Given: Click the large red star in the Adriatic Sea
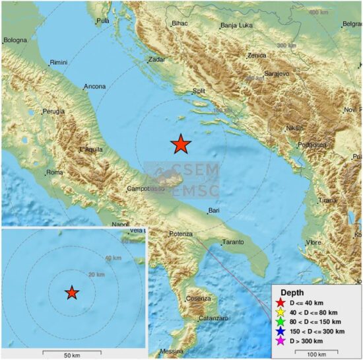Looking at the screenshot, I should click(x=181, y=143).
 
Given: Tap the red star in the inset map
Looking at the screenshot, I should click(x=72, y=293).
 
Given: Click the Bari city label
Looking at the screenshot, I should click(x=213, y=211).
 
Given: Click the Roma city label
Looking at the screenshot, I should click(x=53, y=173).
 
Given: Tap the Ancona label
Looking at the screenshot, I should click(x=94, y=87).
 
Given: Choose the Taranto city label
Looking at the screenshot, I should click(x=232, y=242).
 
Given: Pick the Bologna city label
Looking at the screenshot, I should click(x=15, y=40).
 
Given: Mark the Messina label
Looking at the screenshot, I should click(x=172, y=351).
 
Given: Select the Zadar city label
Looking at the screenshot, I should click(x=157, y=59).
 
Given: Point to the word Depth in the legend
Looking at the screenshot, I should click(x=292, y=292).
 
